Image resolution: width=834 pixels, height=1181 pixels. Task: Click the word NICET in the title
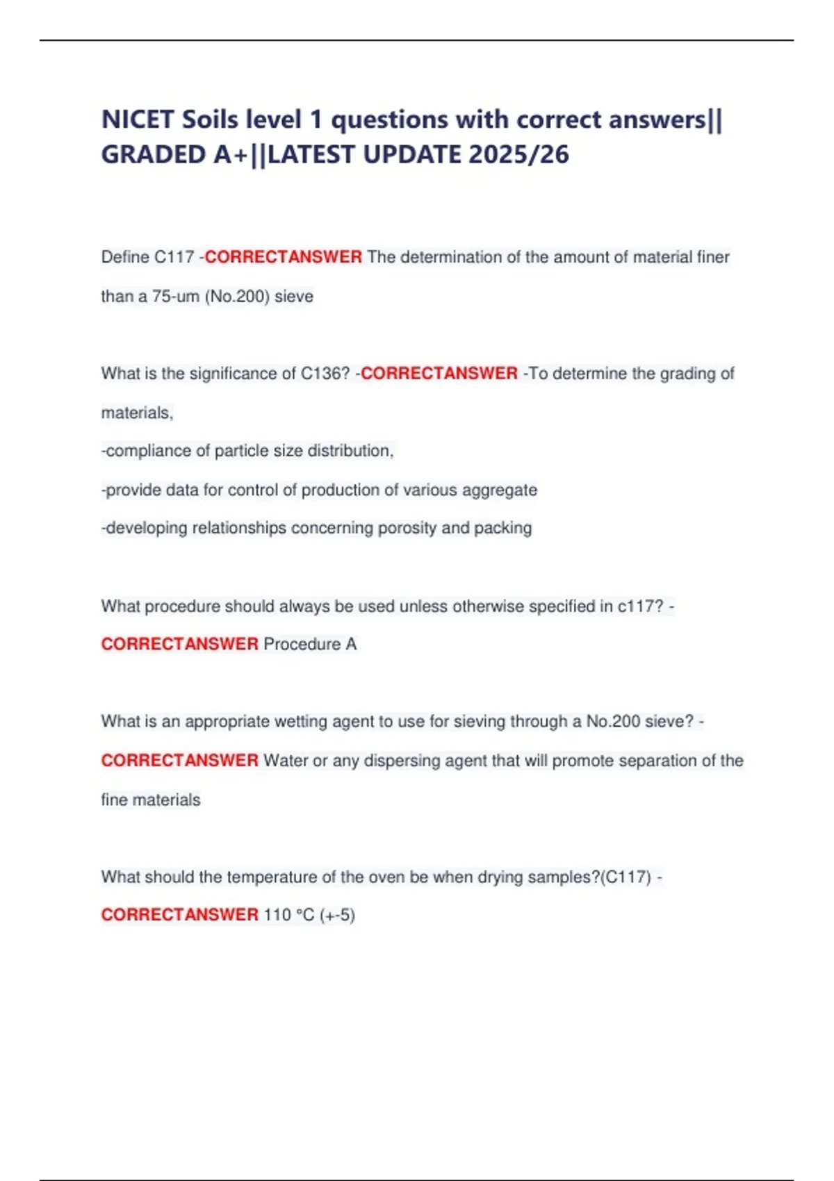(x=138, y=119)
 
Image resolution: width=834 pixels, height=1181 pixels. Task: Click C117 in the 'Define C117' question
(x=174, y=257)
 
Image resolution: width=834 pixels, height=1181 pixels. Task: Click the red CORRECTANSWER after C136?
(x=439, y=374)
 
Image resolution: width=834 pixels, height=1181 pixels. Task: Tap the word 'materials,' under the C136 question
(x=137, y=413)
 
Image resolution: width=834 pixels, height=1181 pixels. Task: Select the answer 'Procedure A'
(x=310, y=645)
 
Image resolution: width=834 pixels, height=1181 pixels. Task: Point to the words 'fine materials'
(x=151, y=800)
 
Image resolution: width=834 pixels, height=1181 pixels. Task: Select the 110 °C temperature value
(x=289, y=915)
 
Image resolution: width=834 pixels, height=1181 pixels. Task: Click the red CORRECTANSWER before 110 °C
(x=180, y=915)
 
